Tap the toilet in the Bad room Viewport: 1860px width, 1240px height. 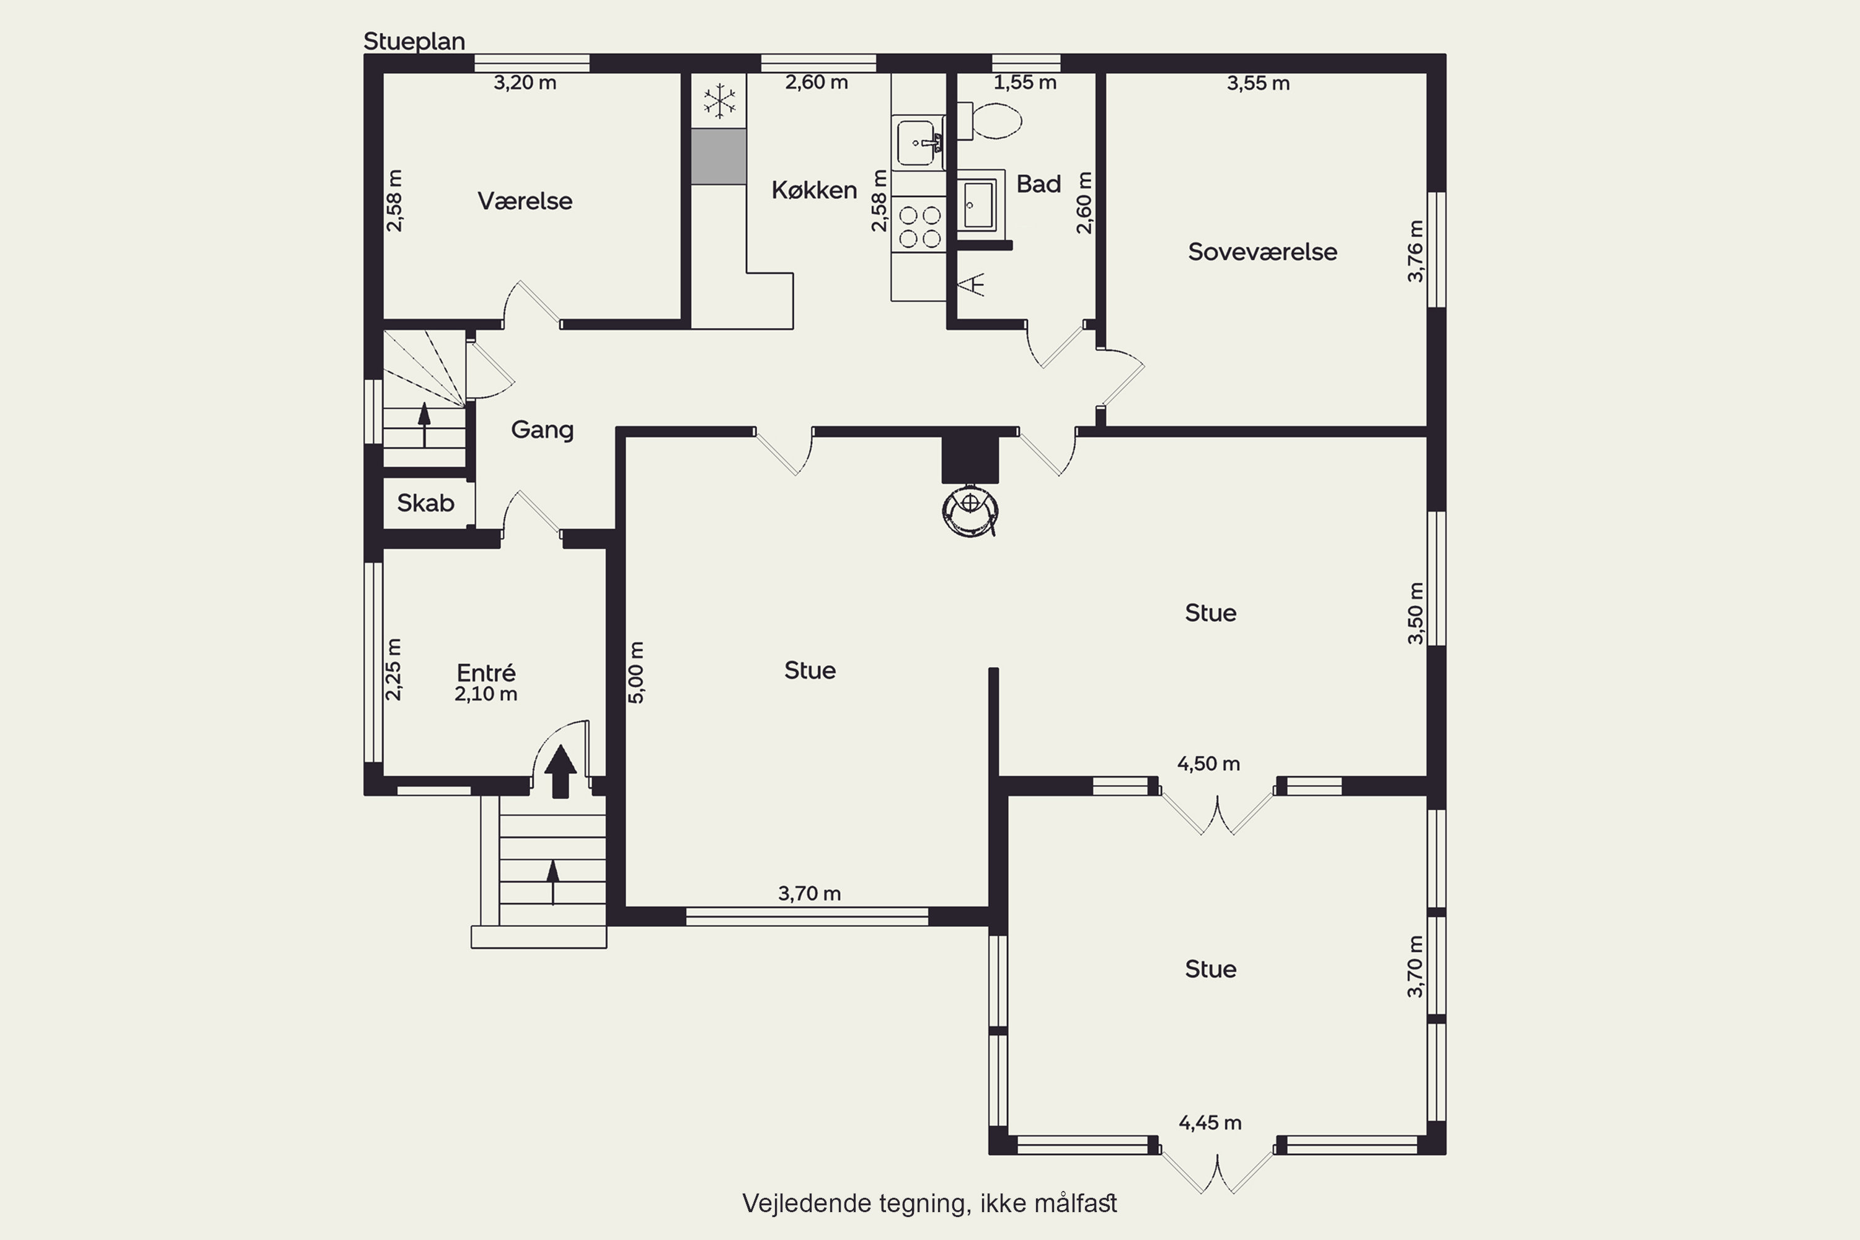(990, 121)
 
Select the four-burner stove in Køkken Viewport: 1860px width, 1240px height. (919, 226)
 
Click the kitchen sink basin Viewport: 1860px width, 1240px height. (918, 143)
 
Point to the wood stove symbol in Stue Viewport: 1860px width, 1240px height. (970, 510)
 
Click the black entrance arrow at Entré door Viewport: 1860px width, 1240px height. (560, 771)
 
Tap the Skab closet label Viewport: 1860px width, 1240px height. (425, 503)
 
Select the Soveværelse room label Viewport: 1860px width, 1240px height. (1262, 252)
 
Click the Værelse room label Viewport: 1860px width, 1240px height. (525, 201)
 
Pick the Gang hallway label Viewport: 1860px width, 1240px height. (542, 430)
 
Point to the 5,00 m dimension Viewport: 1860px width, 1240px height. (637, 672)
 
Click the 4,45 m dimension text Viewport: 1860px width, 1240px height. (1210, 1123)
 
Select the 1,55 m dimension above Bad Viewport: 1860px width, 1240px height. (1025, 82)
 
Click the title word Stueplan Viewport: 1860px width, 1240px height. (414, 41)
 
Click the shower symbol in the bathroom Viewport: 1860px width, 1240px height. (973, 284)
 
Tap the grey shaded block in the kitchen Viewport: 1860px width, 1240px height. (719, 157)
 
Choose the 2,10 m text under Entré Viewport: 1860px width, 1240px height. (485, 694)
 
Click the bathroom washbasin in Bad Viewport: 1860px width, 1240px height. (978, 203)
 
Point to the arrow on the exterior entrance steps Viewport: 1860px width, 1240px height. (553, 882)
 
